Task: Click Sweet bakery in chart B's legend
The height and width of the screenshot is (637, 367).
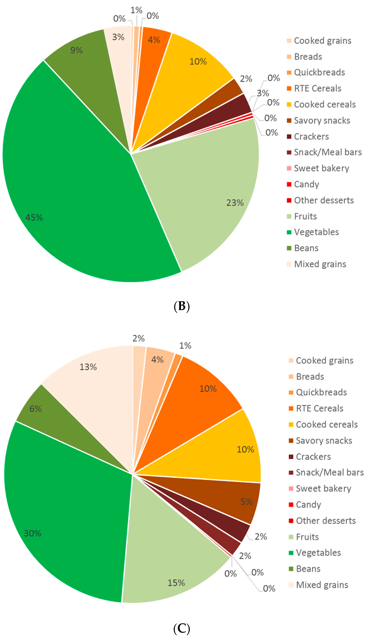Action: click(x=321, y=168)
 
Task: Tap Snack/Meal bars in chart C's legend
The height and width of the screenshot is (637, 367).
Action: click(x=329, y=472)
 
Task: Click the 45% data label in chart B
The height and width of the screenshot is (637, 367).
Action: click(x=34, y=217)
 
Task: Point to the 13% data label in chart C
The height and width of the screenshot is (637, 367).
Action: click(x=88, y=367)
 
